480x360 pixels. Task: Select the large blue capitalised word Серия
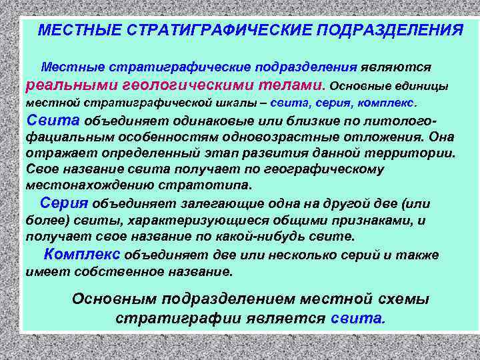pyautogui.click(x=65, y=203)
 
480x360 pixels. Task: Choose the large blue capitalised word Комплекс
pyautogui.click(x=82, y=255)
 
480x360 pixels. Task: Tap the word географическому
pyautogui.click(x=325, y=169)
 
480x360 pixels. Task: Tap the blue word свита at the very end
pyautogui.click(x=357, y=318)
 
